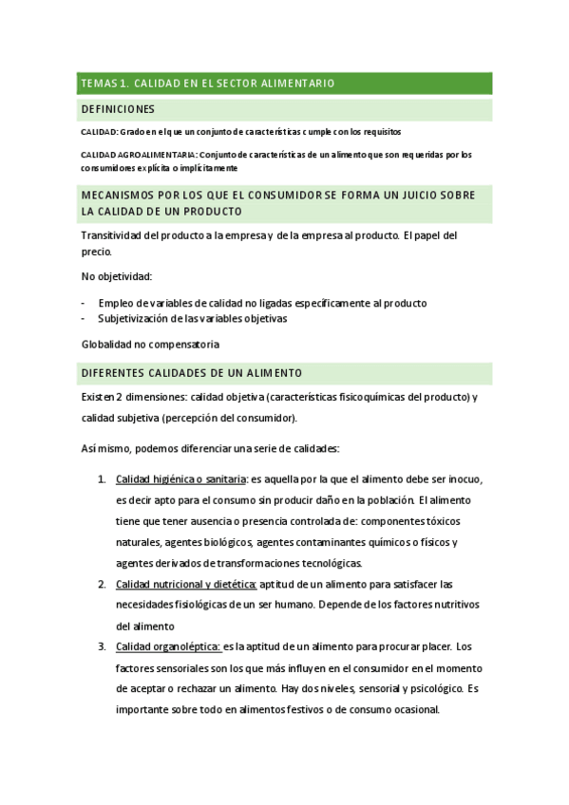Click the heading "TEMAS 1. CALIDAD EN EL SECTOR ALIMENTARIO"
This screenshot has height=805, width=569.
click(x=207, y=84)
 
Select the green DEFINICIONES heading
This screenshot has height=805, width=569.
click(x=118, y=109)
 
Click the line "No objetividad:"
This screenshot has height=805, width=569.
click(x=117, y=277)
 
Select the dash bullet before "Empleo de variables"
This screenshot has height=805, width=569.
click(x=83, y=303)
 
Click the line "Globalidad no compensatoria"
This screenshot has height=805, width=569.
click(x=150, y=345)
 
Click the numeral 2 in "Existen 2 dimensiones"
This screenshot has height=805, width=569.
click(x=120, y=397)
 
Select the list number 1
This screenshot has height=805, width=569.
click(x=102, y=477)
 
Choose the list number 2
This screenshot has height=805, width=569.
click(x=102, y=584)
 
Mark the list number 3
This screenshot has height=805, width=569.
click(x=102, y=647)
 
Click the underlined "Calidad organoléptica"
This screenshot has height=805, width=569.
click(x=168, y=647)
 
